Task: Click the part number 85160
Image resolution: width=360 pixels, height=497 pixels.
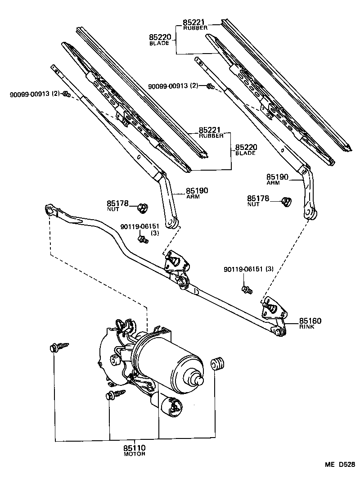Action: click(x=309, y=321)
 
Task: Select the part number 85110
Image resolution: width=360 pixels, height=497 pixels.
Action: click(x=135, y=448)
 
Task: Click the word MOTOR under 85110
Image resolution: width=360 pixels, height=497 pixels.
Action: click(x=135, y=454)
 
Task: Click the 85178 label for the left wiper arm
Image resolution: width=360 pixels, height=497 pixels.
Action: click(x=117, y=203)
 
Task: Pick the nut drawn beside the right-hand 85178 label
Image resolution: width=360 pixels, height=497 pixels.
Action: click(x=285, y=201)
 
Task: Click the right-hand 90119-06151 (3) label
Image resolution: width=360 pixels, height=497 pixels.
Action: click(x=248, y=269)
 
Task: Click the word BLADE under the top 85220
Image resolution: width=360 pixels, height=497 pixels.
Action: click(x=159, y=44)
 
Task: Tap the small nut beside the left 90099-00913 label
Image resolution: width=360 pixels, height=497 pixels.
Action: click(x=66, y=94)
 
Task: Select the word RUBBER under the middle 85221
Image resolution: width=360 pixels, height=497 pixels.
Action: click(x=211, y=136)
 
